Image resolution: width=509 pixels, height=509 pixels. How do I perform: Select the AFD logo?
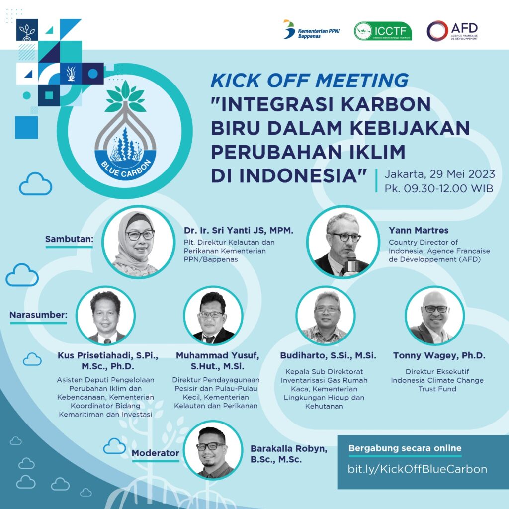coord(452,31)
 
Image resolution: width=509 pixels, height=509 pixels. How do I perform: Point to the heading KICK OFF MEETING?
coord(309,81)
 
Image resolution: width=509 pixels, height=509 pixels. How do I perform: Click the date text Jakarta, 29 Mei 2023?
coord(439,174)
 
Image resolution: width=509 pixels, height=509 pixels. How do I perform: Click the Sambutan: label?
coord(70,239)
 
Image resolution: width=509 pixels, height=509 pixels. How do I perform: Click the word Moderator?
coord(155,453)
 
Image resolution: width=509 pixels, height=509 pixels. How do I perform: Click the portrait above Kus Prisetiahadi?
coord(106,316)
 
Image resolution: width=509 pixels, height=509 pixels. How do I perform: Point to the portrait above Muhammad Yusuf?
coord(212,316)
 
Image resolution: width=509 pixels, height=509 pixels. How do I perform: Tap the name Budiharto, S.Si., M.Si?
coord(328,356)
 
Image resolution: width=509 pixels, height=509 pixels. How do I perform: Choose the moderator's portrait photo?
coord(213,450)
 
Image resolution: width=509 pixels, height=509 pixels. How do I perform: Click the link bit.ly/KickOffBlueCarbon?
coord(417,469)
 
